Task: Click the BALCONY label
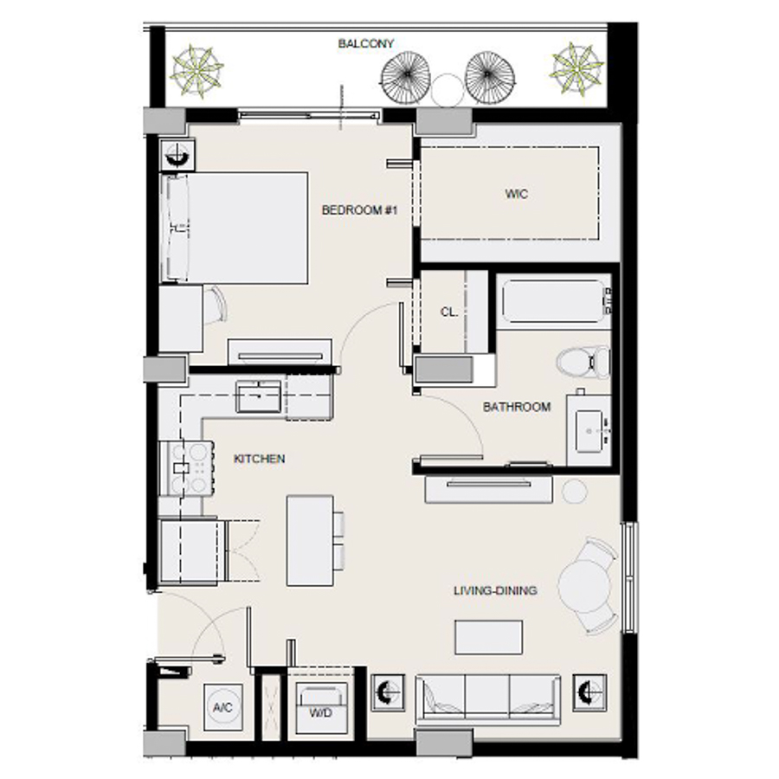coord(366,43)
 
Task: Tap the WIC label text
coord(517,194)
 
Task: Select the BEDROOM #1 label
coord(358,210)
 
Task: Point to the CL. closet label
coord(448,312)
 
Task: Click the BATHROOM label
coord(517,407)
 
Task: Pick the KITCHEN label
coord(259,459)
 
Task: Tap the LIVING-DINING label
coord(495,591)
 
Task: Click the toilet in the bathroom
coord(582,361)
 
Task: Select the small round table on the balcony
coord(448,87)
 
